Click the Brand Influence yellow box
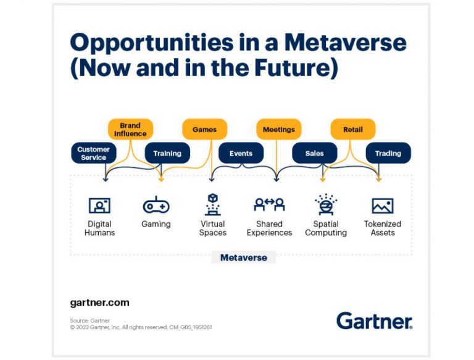[x=131, y=129]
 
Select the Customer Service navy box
[x=94, y=153]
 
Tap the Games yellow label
[x=205, y=129]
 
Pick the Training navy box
[x=167, y=153]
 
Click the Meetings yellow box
[x=279, y=129]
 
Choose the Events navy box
[x=241, y=153]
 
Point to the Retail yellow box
[x=353, y=129]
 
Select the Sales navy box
[x=315, y=153]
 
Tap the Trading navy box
[x=388, y=153]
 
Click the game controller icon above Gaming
[x=156, y=205]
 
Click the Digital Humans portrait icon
[x=99, y=206]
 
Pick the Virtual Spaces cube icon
[x=213, y=204]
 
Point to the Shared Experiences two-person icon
[x=269, y=204]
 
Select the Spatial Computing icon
[x=326, y=204]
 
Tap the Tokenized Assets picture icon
[x=383, y=206]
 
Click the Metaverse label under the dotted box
[x=244, y=257]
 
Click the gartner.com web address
[x=100, y=303]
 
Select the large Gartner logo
[x=375, y=320]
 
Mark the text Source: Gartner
[x=89, y=320]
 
